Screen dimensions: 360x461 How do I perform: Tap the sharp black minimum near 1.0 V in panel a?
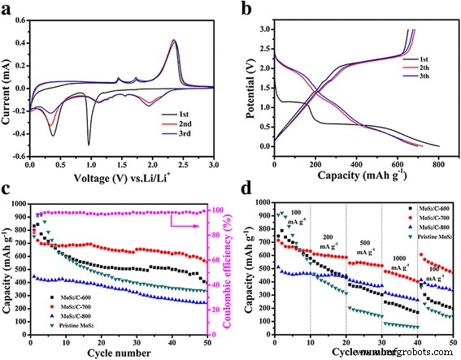89,144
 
